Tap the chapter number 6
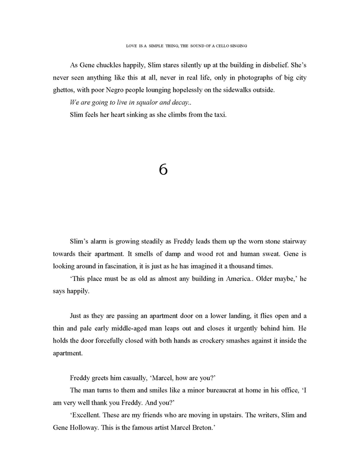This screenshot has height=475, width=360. [x=163, y=170]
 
